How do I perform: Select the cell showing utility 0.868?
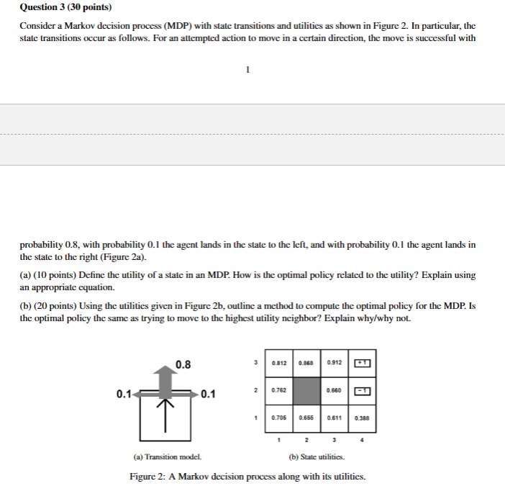tap(306, 361)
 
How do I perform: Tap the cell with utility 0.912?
tap(333, 361)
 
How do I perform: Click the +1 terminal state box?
tap(360, 361)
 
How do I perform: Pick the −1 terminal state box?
tap(360, 390)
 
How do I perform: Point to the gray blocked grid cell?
tap(306, 390)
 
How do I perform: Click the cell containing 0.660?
tap(333, 390)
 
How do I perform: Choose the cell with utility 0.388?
tap(360, 417)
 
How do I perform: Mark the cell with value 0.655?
tap(306, 417)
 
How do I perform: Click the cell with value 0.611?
tap(333, 417)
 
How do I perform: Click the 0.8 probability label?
tap(183, 364)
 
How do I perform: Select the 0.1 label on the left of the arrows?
tap(123, 394)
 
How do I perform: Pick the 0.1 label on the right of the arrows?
tap(209, 394)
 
